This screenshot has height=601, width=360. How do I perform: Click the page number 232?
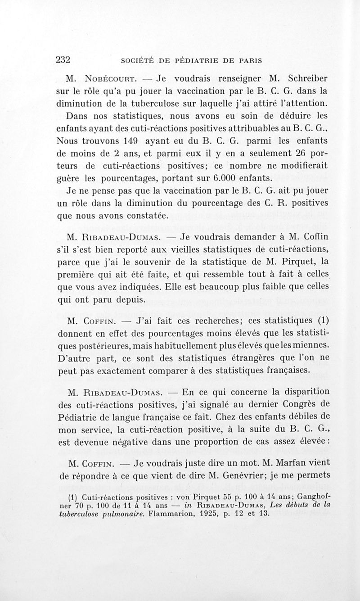[64, 59]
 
